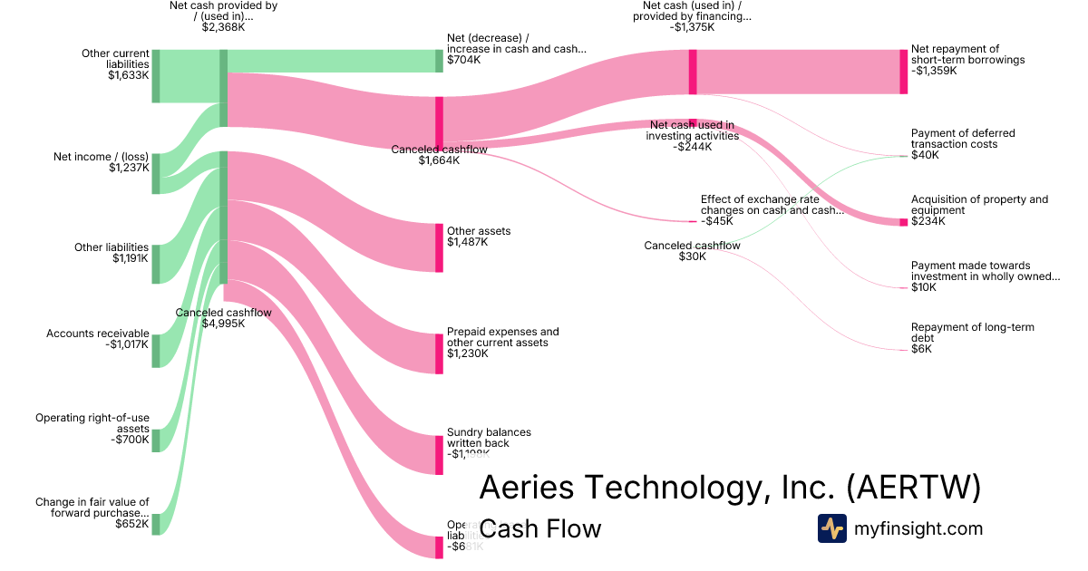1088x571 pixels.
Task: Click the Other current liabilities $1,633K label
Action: tap(115, 64)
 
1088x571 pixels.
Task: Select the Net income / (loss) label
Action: tap(102, 161)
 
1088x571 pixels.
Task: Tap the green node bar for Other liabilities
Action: tap(156, 264)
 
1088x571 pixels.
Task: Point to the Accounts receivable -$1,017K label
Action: tap(98, 339)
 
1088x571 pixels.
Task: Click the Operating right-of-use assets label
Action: tap(92, 429)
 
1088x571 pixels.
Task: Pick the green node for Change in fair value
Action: tap(156, 524)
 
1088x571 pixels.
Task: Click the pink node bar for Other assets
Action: tap(440, 247)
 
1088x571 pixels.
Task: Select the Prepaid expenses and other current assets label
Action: tap(502, 343)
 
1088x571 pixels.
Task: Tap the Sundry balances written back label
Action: tap(489, 442)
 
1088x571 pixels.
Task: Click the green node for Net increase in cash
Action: tap(440, 61)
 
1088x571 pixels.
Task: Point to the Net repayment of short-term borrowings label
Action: tap(967, 60)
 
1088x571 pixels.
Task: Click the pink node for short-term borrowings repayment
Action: tap(903, 72)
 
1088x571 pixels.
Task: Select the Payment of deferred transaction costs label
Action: tap(962, 144)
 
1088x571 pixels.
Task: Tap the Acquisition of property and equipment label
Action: tap(978, 210)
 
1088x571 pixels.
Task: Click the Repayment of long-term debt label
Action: tap(972, 337)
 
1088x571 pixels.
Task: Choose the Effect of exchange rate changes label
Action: tap(772, 209)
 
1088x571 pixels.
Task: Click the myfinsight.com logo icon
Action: tap(831, 528)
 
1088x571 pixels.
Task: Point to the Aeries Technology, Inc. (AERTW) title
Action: tap(729, 488)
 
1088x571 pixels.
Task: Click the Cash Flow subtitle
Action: tap(539, 528)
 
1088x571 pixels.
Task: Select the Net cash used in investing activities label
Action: tap(692, 135)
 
